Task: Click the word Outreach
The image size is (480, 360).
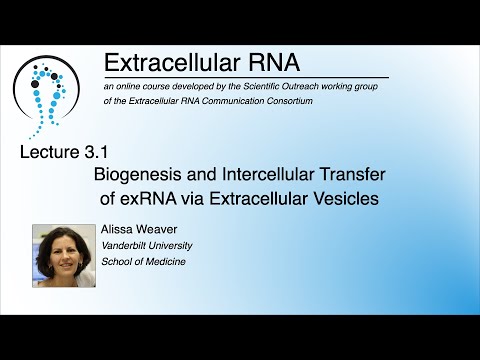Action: [307, 88]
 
